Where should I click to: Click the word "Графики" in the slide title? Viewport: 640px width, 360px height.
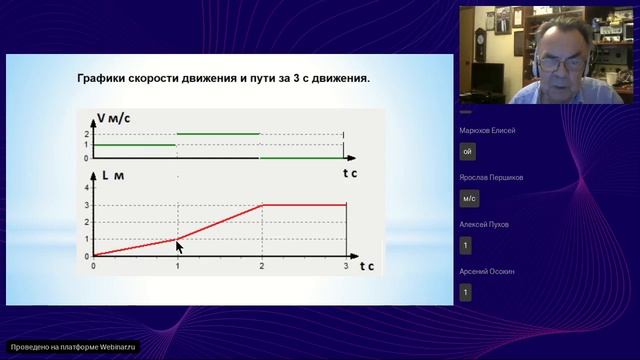coord(104,77)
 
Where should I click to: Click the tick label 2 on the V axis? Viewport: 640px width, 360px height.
coord(87,133)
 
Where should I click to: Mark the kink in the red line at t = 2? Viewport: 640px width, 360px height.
coord(262,205)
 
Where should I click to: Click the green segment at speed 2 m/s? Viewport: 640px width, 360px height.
coord(219,133)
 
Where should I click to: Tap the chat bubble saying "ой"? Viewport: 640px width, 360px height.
coord(467,151)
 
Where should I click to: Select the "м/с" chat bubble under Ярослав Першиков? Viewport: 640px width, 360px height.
coord(468,198)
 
